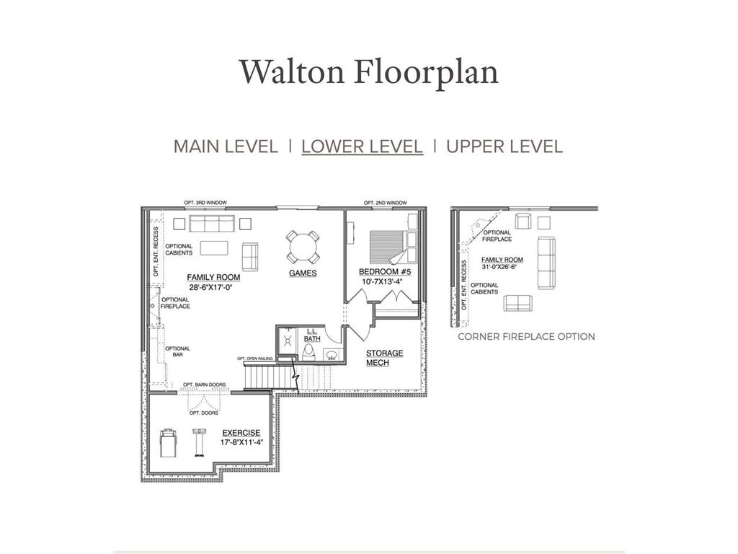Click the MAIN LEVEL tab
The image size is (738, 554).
[225, 146]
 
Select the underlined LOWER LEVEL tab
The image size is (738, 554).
[362, 146]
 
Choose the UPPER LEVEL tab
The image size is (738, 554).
[504, 146]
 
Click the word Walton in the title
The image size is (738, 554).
[292, 73]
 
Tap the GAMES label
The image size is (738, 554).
[303, 273]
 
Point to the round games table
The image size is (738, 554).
[303, 247]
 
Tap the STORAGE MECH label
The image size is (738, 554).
[384, 358]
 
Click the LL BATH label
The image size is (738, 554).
[311, 334]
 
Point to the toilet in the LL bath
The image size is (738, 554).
[308, 351]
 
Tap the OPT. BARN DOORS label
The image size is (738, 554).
[204, 384]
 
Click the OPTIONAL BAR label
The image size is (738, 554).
[178, 351]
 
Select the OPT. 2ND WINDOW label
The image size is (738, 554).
[385, 203]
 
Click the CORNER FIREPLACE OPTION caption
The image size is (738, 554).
[526, 336]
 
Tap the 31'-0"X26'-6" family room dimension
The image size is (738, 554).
[502, 267]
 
